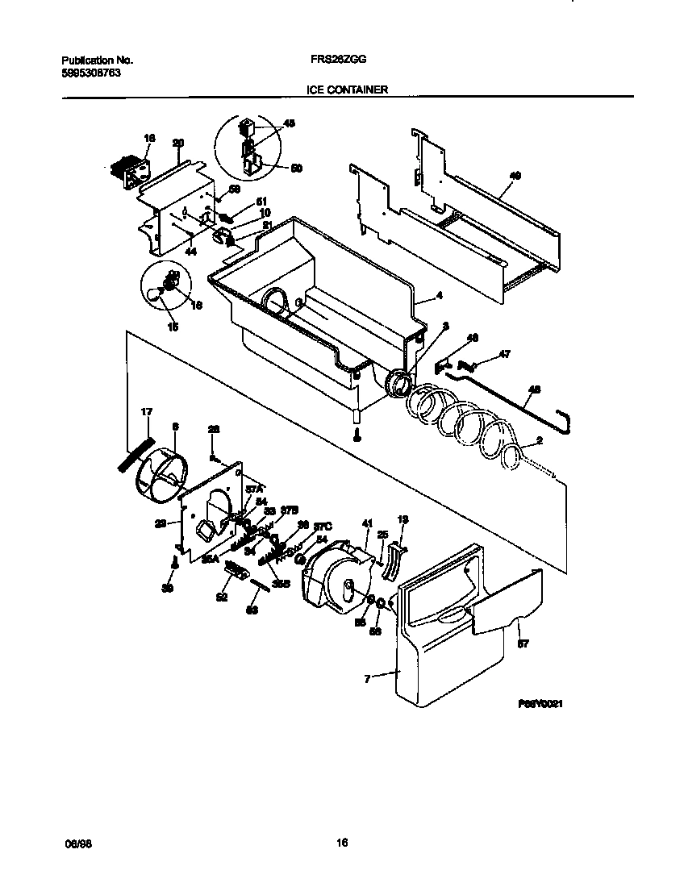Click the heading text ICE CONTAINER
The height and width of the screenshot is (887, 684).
coord(347,90)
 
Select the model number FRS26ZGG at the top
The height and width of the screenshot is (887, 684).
coord(334,60)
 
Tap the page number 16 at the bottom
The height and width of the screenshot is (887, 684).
coord(342,843)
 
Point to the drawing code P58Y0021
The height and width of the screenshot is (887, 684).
coord(540,704)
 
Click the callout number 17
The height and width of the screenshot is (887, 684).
coord(146,412)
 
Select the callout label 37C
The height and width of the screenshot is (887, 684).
coord(322,526)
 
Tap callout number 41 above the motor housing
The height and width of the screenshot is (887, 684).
coord(366,524)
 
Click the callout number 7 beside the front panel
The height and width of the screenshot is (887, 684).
coord(366,679)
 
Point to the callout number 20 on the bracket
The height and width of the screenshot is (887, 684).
coord(178,144)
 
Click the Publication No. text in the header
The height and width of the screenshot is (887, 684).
coord(97,60)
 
